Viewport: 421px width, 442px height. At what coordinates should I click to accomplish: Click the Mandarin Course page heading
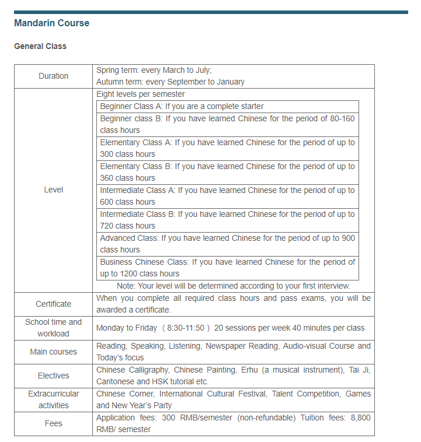pyautogui.click(x=51, y=23)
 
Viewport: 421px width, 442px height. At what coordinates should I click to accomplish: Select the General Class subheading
pyautogui.click(x=40, y=46)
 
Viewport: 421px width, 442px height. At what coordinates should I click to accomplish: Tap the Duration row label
pyautogui.click(x=53, y=76)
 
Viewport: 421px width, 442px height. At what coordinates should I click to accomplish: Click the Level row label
pyautogui.click(x=53, y=190)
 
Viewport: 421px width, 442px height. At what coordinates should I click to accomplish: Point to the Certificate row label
pyautogui.click(x=53, y=304)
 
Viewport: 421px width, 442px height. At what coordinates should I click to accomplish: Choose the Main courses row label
pyautogui.click(x=53, y=352)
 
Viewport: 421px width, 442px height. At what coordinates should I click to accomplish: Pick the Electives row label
pyautogui.click(x=53, y=376)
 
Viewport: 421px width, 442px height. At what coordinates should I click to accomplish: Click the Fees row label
pyautogui.click(x=53, y=423)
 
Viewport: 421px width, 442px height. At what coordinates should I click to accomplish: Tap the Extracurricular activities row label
pyautogui.click(x=53, y=399)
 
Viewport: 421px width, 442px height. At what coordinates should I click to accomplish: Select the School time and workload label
pyautogui.click(x=53, y=328)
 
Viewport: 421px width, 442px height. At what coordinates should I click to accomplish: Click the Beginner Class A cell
pyautogui.click(x=182, y=107)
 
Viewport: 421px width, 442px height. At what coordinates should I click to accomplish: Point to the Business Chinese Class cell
pyautogui.click(x=227, y=268)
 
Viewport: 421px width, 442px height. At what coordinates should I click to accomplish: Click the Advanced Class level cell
pyautogui.click(x=227, y=244)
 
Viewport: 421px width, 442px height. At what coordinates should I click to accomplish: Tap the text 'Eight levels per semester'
pyautogui.click(x=141, y=94)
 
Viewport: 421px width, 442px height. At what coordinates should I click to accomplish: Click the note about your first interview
pyautogui.click(x=233, y=286)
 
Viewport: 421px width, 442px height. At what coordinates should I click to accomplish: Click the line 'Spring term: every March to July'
pyautogui.click(x=154, y=70)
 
